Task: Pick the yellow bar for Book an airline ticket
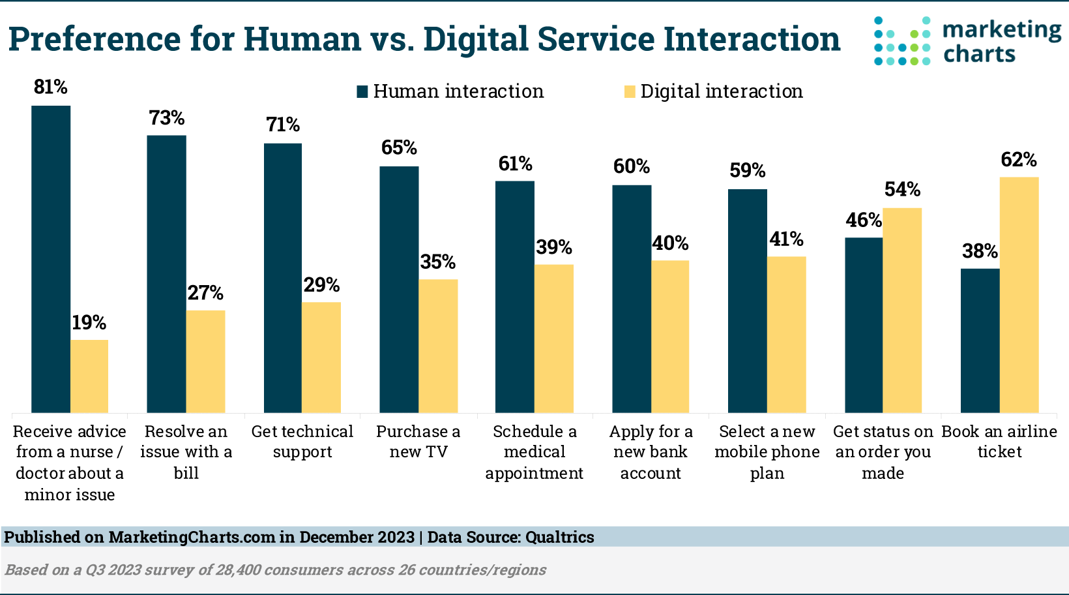(x=1019, y=294)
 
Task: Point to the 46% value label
(x=864, y=221)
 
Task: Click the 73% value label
(x=167, y=118)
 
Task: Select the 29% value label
(x=321, y=285)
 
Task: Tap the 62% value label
(x=1019, y=160)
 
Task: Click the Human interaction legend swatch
(x=362, y=91)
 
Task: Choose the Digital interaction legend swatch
(x=630, y=91)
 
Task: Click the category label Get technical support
(x=302, y=442)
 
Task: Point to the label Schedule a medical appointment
(x=534, y=452)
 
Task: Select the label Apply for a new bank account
(x=651, y=452)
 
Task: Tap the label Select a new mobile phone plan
(x=767, y=452)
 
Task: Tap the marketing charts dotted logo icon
(x=902, y=40)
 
